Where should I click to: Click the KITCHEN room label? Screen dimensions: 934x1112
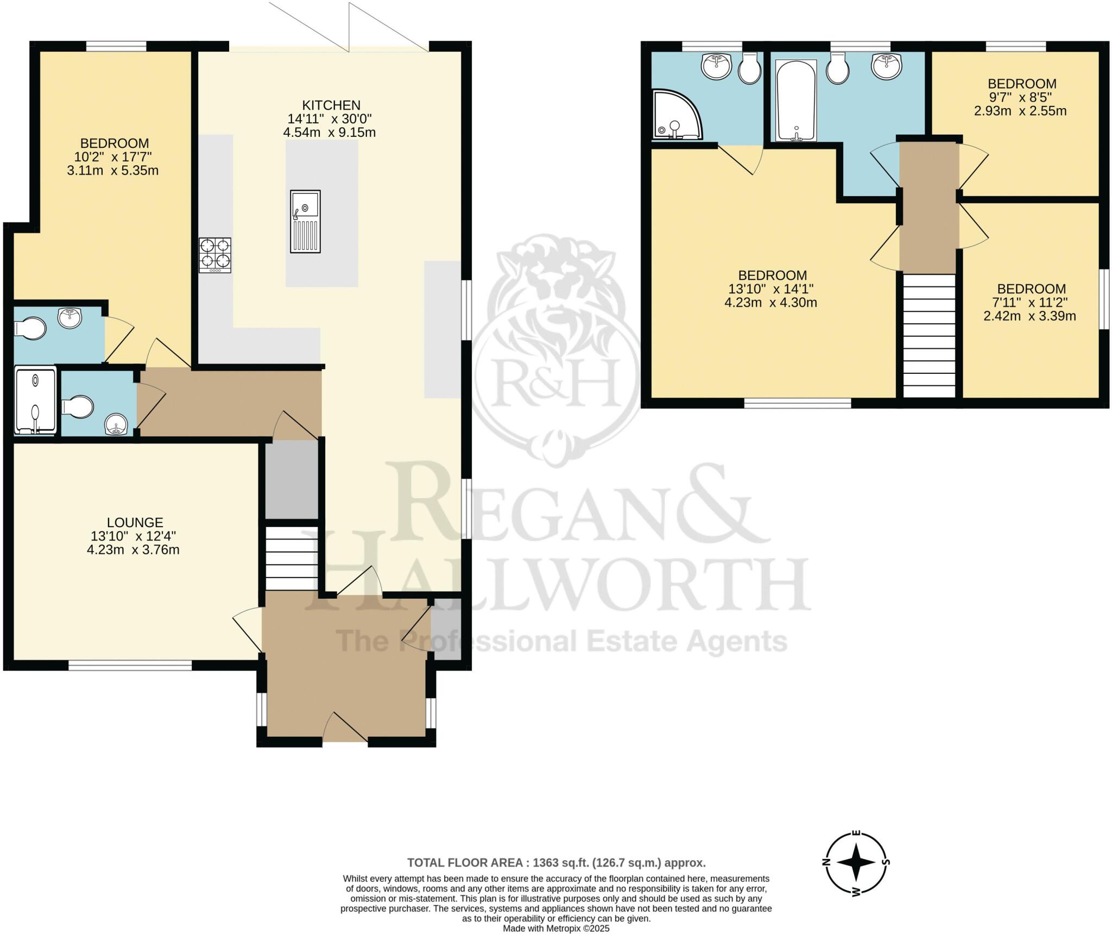(331, 105)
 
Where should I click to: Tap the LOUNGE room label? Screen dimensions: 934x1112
(135, 522)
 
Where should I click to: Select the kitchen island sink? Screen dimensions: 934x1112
(305, 221)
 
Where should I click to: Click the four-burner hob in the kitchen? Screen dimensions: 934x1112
(215, 255)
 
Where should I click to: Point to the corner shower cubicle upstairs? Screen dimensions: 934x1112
(675, 115)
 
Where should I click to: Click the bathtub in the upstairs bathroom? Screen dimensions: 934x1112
(795, 101)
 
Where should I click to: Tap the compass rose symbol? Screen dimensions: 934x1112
(856, 862)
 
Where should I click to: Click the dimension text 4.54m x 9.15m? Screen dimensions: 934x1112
(329, 133)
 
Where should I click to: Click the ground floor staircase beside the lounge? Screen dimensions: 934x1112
(292, 558)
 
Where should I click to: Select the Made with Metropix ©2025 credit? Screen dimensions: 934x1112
(556, 929)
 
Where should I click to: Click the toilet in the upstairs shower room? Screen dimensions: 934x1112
(750, 69)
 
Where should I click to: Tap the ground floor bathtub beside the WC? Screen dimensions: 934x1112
(35, 401)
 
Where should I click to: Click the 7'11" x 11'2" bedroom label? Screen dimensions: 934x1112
(1031, 302)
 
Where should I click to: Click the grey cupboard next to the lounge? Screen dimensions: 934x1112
(292, 479)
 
